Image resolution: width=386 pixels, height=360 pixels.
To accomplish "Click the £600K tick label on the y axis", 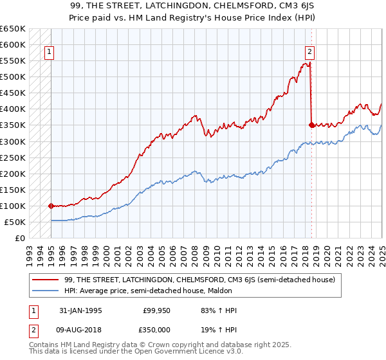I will pyautogui.click(x=13, y=44).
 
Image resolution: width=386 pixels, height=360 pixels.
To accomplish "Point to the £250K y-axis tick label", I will pyautogui.click(x=13, y=157).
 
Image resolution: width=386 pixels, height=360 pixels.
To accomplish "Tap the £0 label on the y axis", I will pyautogui.click(x=20, y=238).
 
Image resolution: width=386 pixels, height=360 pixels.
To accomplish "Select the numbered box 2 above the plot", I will pyautogui.click(x=309, y=52).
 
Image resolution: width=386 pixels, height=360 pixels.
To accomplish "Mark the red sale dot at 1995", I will pyautogui.click(x=51, y=206).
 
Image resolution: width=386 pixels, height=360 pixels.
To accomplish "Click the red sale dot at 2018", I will pyautogui.click(x=311, y=125).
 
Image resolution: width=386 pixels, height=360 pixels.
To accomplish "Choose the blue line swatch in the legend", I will pyautogui.click(x=46, y=290).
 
